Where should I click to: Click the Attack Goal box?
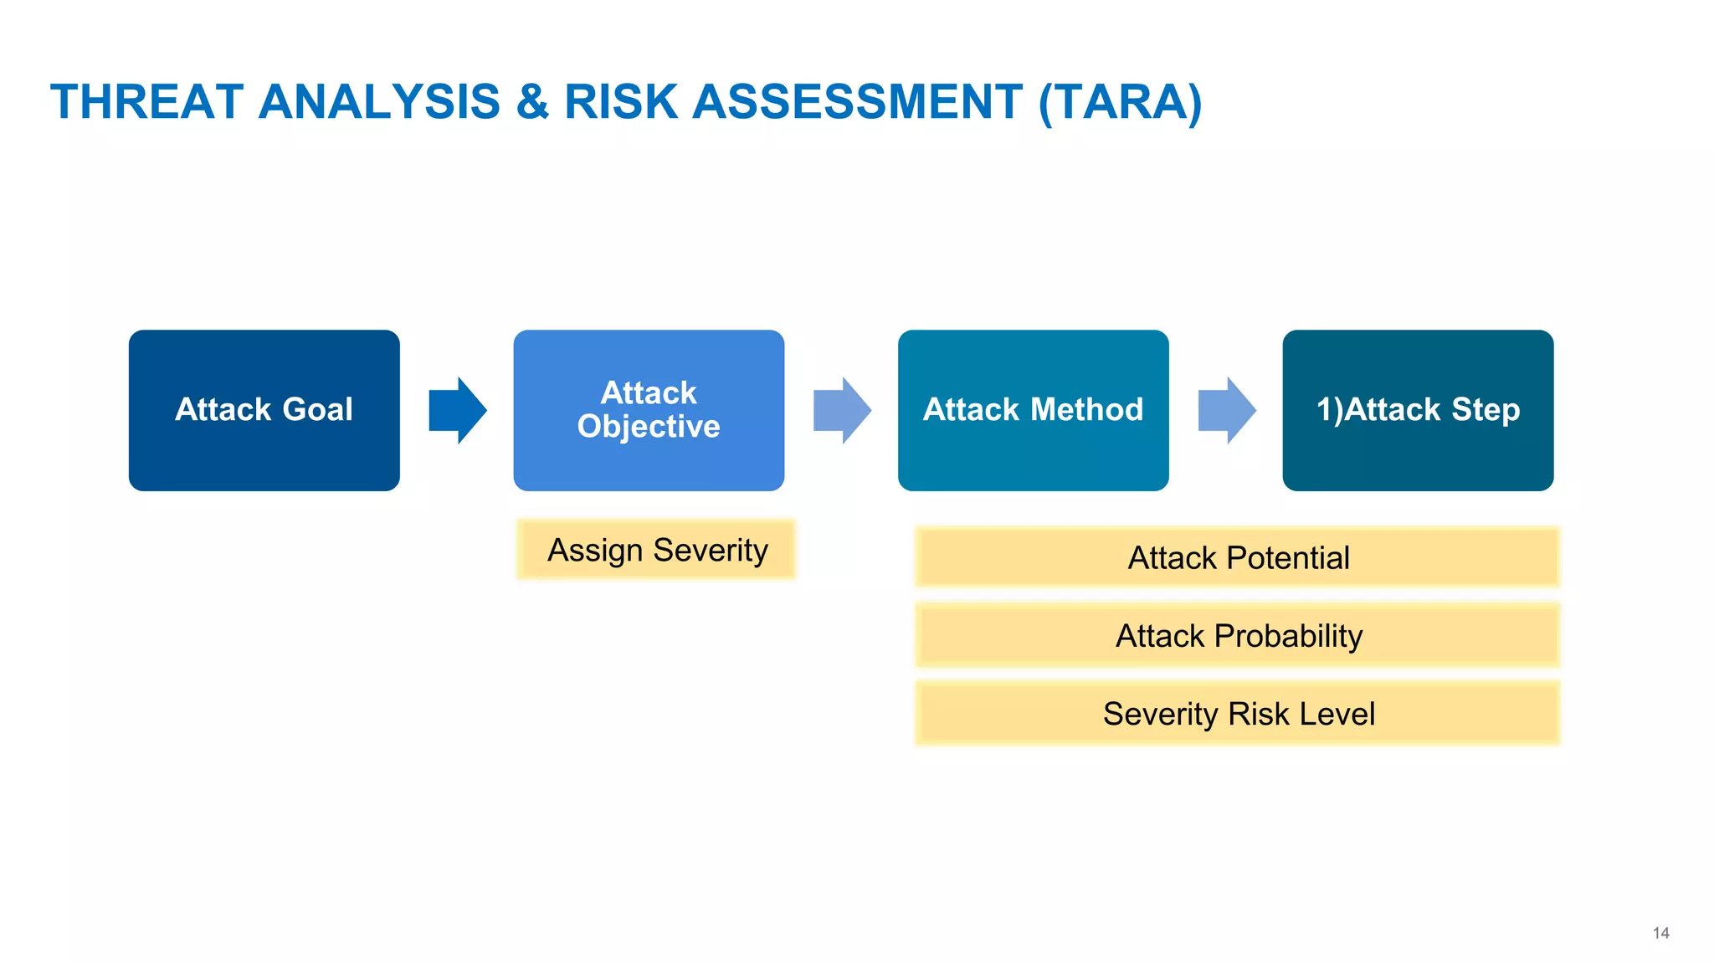(x=264, y=410)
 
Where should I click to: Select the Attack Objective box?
(x=649, y=410)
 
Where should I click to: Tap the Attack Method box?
(x=1033, y=410)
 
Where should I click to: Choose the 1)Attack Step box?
(x=1418, y=410)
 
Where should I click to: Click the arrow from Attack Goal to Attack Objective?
(x=457, y=410)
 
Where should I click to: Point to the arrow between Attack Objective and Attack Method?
(x=842, y=410)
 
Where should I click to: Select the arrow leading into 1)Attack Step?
(x=1227, y=410)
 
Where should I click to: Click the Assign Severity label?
(x=657, y=551)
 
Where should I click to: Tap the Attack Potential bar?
(x=1238, y=558)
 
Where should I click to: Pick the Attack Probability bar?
(x=1238, y=636)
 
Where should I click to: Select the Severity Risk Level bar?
(x=1238, y=714)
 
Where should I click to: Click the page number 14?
(x=1660, y=933)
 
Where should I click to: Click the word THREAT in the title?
(x=146, y=102)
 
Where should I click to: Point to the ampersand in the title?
(x=532, y=102)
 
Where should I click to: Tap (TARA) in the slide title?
(x=1120, y=102)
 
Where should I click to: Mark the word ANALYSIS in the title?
(x=379, y=102)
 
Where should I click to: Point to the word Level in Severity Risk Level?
(x=1337, y=714)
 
